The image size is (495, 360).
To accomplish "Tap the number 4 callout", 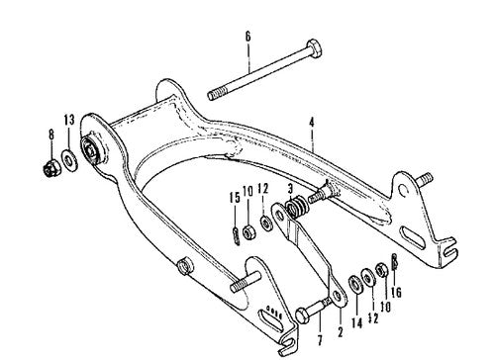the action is point(311,123).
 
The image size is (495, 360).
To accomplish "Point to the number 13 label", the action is point(68,122).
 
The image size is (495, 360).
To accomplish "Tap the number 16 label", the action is point(399,295).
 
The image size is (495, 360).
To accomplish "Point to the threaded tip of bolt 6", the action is point(214,96).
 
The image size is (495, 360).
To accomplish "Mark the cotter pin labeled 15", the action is point(235,235).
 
